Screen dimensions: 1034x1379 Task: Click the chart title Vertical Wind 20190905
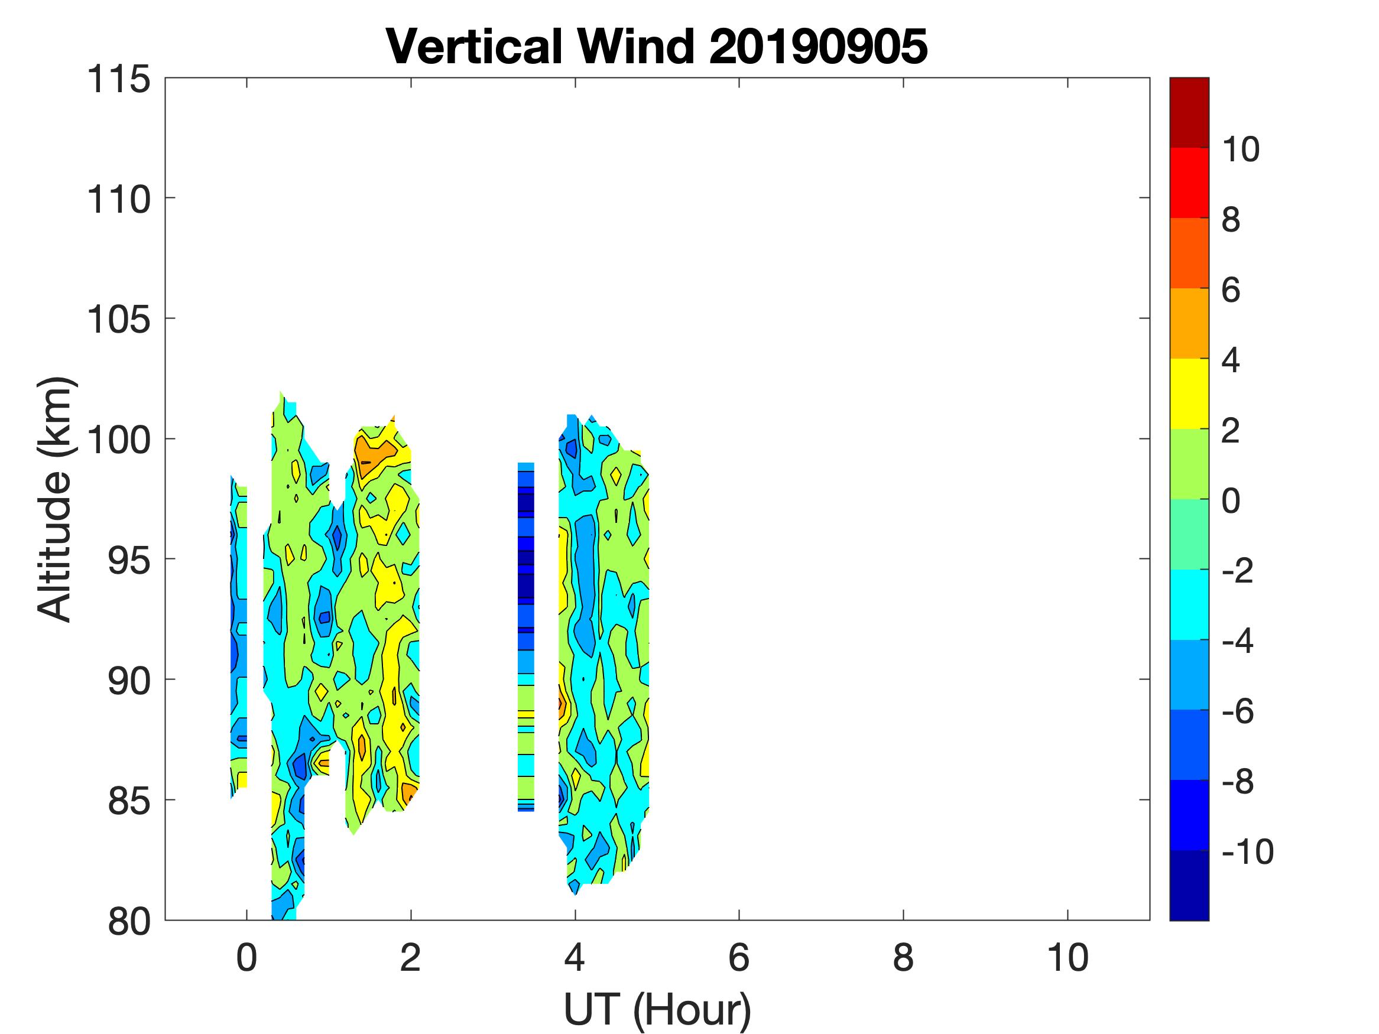[657, 46]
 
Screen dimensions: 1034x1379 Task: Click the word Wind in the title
[636, 46]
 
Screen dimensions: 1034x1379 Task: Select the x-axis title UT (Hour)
[657, 1010]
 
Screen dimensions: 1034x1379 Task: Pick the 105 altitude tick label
[118, 320]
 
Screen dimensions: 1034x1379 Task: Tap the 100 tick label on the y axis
[118, 440]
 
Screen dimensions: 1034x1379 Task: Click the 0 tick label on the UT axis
[247, 958]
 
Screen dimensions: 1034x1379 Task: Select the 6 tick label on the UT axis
[739, 958]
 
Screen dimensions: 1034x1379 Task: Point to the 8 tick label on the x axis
[903, 958]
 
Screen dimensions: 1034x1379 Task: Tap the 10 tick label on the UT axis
[1068, 958]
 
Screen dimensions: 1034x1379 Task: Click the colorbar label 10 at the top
[1241, 149]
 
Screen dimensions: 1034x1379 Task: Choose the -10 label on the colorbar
[1247, 852]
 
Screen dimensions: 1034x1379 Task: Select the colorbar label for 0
[1231, 500]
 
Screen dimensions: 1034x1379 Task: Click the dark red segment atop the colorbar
[1189, 112]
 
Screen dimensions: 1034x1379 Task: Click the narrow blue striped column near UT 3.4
[526, 636]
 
